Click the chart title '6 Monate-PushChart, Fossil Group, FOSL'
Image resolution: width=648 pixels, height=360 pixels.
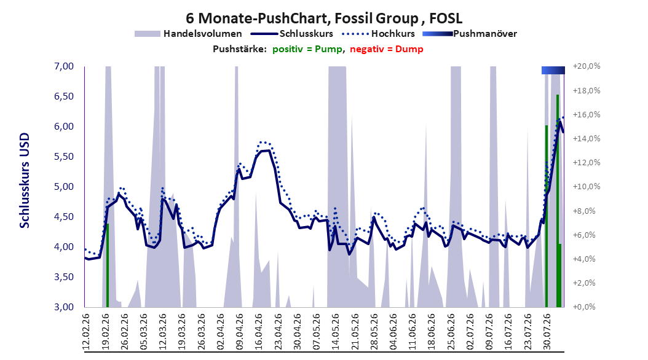pos(324,18)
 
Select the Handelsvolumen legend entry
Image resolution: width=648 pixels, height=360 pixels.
pos(188,34)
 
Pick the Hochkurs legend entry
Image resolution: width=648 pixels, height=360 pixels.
pos(378,34)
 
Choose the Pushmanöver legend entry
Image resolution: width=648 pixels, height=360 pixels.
pos(470,34)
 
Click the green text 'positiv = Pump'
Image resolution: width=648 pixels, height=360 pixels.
pos(307,49)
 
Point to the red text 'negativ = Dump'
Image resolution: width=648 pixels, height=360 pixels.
pos(387,49)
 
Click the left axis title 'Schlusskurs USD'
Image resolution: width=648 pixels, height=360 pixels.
pos(25,181)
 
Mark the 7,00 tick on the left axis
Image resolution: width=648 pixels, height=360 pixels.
pos(64,66)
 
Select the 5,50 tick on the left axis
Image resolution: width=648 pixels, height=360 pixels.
pos(64,157)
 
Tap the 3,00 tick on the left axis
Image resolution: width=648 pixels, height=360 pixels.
pos(64,307)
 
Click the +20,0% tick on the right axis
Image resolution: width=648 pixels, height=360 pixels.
pos(587,66)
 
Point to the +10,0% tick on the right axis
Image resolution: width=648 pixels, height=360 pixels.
pos(587,187)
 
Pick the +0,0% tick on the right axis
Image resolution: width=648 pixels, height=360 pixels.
pos(585,307)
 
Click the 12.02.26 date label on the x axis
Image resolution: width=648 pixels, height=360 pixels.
pos(86,332)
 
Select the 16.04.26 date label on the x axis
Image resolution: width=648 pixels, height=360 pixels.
pos(258,332)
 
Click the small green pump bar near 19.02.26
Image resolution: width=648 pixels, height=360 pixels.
pos(108,265)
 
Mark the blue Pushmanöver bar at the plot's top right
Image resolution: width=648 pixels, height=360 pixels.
pos(553,71)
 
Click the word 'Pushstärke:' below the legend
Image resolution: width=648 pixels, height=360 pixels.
pos(240,49)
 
